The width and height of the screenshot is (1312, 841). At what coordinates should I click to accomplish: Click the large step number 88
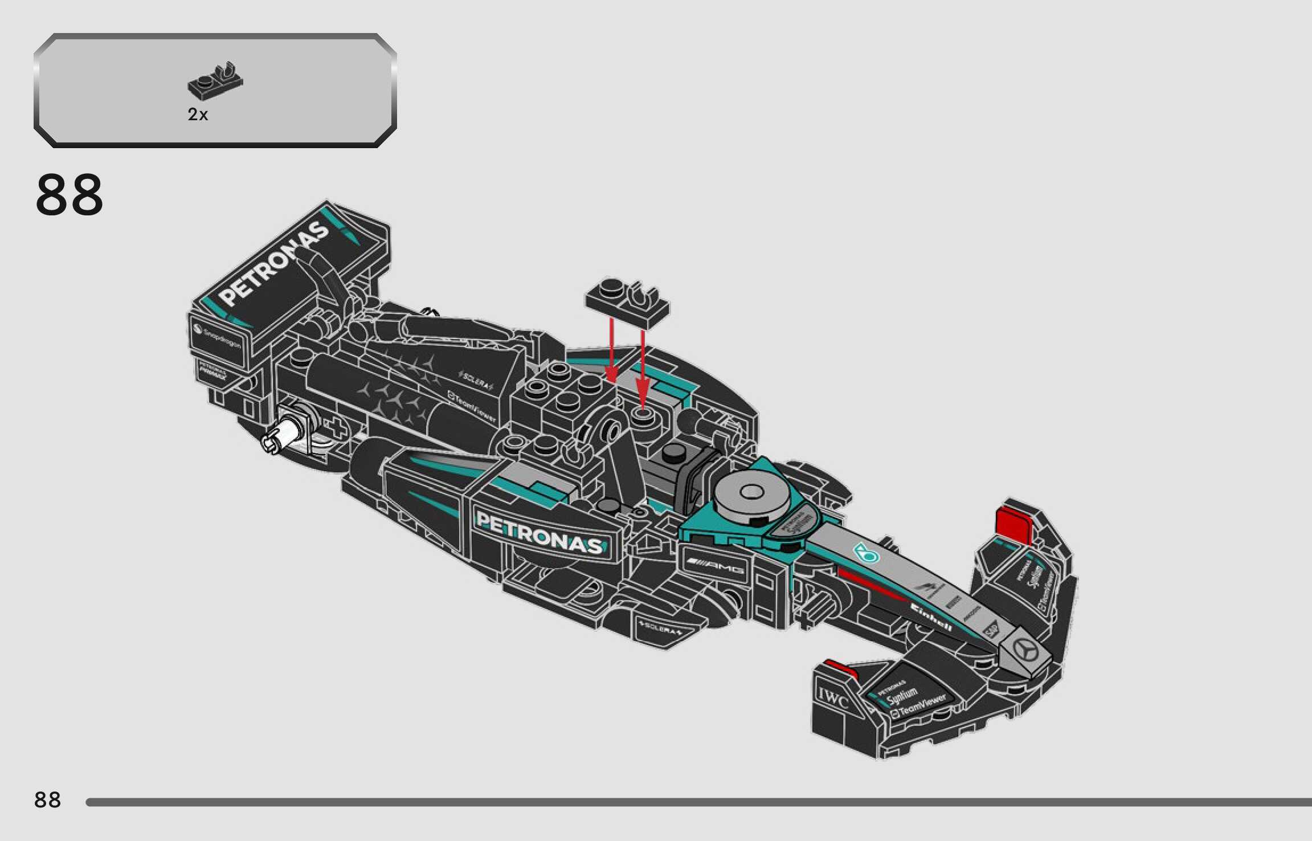(70, 195)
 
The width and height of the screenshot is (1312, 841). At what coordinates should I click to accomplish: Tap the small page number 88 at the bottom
(47, 800)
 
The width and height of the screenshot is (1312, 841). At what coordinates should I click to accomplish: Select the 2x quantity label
(198, 115)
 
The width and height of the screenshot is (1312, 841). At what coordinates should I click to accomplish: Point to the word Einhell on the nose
(931, 617)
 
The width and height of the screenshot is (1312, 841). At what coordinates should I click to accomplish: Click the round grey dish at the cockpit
(752, 492)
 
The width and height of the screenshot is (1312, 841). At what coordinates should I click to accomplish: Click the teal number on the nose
(866, 552)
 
